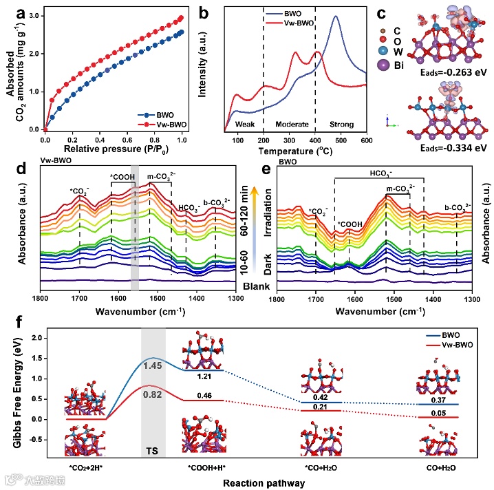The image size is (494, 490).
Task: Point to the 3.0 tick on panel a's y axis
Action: [34, 15]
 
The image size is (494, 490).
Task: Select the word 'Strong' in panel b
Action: [341, 125]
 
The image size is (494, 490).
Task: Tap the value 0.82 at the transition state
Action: [152, 394]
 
